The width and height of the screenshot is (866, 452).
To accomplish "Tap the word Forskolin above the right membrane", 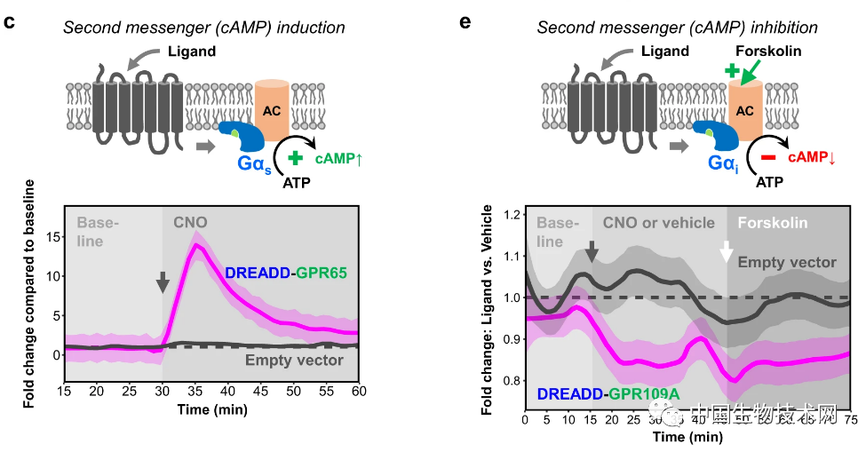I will (768, 51).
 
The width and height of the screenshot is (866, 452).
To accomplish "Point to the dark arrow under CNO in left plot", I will (162, 282).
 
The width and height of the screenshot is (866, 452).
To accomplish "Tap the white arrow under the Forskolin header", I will (727, 252).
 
